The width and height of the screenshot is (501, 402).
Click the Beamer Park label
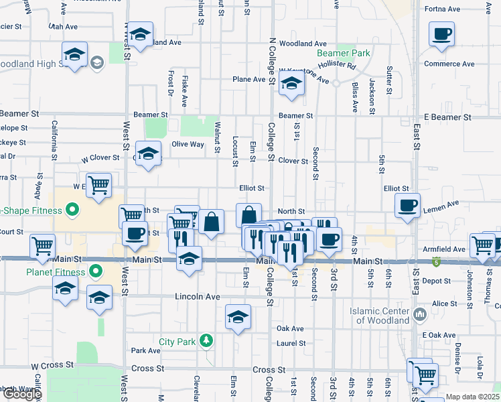[344, 53]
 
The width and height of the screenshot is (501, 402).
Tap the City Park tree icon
[207, 341]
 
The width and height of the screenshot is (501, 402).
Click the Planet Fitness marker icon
[96, 272]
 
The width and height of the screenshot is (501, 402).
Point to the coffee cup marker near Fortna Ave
[441, 34]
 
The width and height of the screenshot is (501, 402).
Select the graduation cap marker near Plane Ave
[291, 84]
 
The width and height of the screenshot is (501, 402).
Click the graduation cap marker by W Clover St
[148, 153]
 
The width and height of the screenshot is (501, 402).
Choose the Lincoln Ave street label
[198, 296]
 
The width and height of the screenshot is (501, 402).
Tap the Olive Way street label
[188, 144]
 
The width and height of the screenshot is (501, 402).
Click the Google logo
[21, 394]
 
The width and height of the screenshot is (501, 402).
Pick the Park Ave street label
[145, 350]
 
